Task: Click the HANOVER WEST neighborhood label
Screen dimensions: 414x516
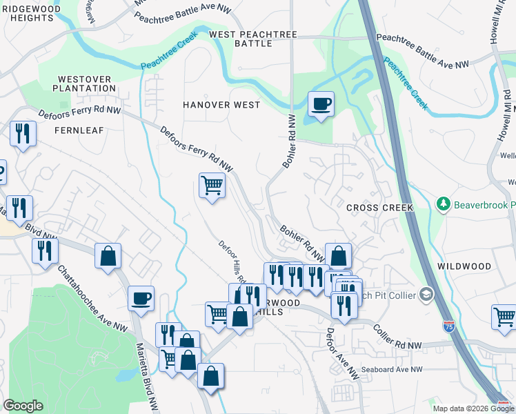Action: [x=221, y=105]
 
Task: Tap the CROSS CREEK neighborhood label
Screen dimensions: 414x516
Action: [x=379, y=208]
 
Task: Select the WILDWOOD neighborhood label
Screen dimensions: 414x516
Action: [x=464, y=266]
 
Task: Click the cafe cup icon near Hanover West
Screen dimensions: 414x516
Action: [x=321, y=104]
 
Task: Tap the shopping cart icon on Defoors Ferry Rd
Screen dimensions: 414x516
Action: [x=212, y=185]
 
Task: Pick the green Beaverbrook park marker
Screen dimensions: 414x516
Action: [x=444, y=204]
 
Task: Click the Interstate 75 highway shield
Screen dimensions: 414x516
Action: [x=448, y=324]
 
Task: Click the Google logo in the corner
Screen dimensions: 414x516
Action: [x=23, y=406]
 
